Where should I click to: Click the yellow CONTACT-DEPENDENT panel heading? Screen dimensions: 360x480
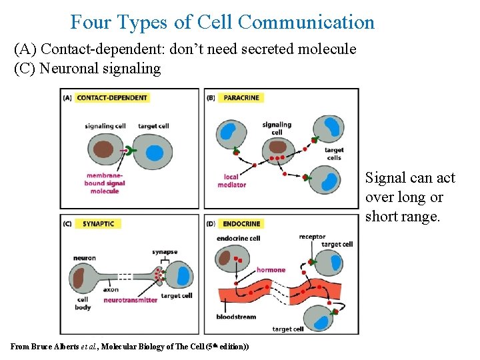coord(112,97)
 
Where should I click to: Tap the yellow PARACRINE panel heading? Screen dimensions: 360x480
coord(241,97)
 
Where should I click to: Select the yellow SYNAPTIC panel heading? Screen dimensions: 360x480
coord(98,223)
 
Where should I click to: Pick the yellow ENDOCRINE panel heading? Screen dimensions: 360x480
coord(241,223)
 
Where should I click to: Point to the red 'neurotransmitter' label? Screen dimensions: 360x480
coord(131,300)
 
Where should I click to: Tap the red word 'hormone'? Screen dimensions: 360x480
coord(271,270)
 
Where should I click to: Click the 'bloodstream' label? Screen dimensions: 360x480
coord(236,317)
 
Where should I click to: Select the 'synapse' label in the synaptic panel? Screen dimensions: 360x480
coord(163,252)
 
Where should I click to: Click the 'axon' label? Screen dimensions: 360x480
coord(111,290)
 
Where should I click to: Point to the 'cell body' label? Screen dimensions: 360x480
coord(83,303)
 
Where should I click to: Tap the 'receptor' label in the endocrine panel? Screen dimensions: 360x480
coord(312,237)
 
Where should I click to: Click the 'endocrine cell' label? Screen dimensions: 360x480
coord(238,238)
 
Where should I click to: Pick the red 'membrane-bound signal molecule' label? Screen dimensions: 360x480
coord(105,183)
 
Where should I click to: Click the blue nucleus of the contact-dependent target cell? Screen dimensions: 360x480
coord(155,153)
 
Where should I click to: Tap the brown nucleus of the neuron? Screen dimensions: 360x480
coord(83,276)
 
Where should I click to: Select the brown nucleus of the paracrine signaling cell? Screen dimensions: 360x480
coord(278,147)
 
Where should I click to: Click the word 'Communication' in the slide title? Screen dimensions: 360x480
coord(306,22)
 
